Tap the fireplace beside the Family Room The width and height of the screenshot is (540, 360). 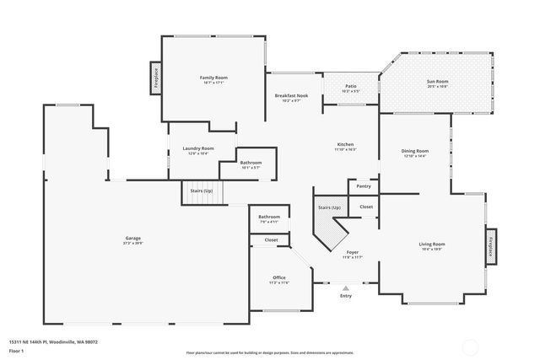156,77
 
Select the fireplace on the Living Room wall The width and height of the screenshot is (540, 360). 491,246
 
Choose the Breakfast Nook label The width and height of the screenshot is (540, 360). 291,96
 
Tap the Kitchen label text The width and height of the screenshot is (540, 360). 345,144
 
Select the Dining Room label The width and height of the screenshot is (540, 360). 414,151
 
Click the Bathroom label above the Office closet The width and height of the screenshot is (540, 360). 269,217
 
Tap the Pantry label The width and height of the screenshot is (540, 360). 364,186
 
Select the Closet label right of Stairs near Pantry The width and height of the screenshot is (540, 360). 366,207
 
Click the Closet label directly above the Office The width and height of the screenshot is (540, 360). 271,240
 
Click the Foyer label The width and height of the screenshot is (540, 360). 353,252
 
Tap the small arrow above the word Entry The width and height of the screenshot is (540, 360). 345,288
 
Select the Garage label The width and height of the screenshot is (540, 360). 132,239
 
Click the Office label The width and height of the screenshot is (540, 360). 279,277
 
